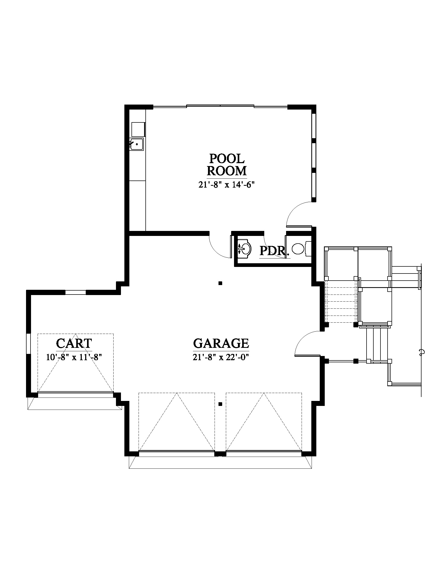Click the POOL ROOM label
point(226,165)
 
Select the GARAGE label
point(221,343)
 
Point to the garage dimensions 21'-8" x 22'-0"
point(221,358)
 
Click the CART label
point(74,343)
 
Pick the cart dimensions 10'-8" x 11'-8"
point(74,358)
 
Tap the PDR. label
point(273,251)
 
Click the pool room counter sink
point(136,144)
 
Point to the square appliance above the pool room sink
point(138,130)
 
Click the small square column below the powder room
point(220,283)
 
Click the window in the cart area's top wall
point(75,292)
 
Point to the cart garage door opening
point(75,395)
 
